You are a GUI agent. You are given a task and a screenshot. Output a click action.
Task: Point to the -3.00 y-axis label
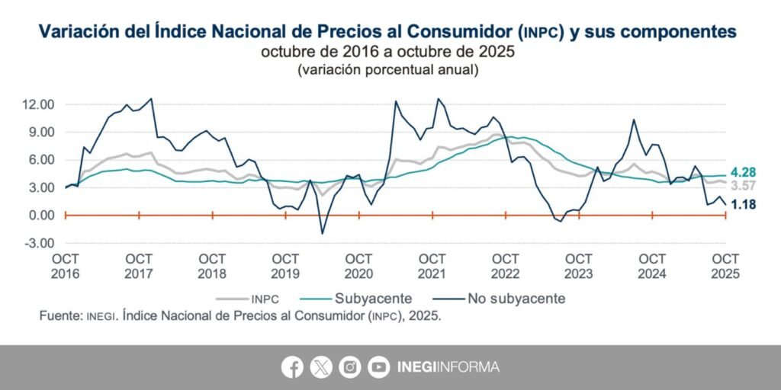[x=37, y=243]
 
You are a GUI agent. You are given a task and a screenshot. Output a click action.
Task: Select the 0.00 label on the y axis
[x=39, y=216]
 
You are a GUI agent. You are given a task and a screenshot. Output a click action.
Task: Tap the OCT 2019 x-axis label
[x=285, y=266]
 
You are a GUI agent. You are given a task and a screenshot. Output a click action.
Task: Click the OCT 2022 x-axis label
[x=506, y=266]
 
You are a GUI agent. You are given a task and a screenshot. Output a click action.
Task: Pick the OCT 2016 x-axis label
[x=65, y=266]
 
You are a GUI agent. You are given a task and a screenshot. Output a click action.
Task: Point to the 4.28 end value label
[x=744, y=173]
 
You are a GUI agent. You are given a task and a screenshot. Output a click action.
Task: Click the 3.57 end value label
[x=744, y=186]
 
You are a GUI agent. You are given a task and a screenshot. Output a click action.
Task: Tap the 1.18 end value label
[x=744, y=204]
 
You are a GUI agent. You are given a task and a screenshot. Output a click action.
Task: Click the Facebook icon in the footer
[x=292, y=367]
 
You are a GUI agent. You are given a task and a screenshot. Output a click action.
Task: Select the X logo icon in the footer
[x=321, y=367]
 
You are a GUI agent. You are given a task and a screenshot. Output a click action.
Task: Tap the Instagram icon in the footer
[x=349, y=367]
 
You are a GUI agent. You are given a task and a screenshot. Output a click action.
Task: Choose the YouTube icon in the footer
[x=378, y=367]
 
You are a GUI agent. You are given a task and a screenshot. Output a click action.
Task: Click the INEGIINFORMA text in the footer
[x=448, y=367]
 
